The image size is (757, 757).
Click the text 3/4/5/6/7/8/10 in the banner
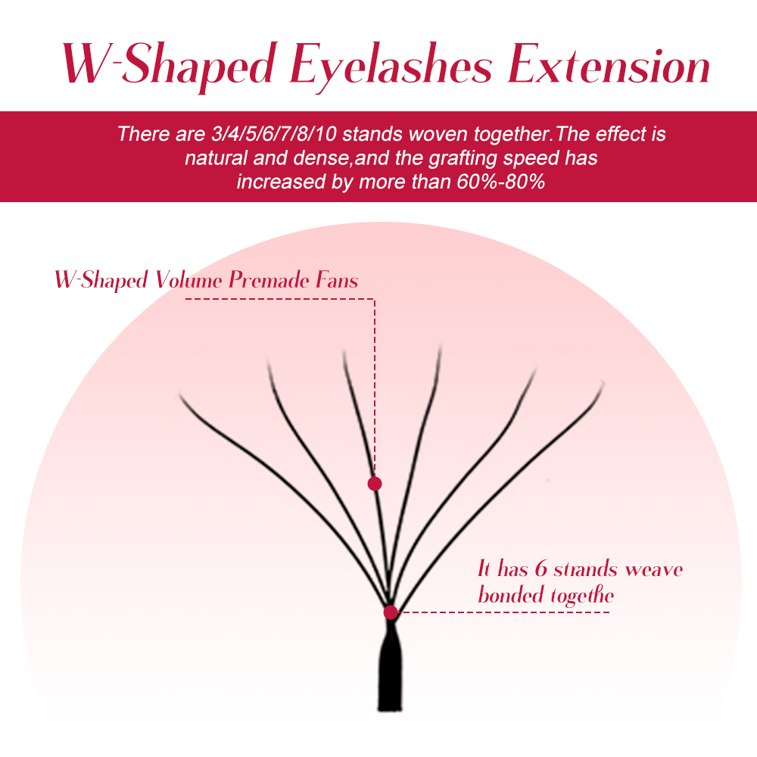(x=274, y=134)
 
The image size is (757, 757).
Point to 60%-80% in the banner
(x=500, y=182)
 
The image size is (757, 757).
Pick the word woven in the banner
(x=439, y=134)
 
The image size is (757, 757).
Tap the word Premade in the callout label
(x=269, y=279)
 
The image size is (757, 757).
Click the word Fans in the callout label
(x=337, y=279)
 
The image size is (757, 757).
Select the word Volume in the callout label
(x=188, y=280)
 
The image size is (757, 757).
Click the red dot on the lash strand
(x=375, y=483)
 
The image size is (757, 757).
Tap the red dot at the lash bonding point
(x=391, y=612)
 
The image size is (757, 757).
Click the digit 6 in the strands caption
(x=540, y=569)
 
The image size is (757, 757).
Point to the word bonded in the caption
(x=509, y=594)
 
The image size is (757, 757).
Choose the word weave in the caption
(x=654, y=570)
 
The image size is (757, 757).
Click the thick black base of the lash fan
(x=390, y=671)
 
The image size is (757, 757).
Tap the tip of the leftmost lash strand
(x=180, y=393)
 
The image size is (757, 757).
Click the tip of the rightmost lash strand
(x=603, y=383)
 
